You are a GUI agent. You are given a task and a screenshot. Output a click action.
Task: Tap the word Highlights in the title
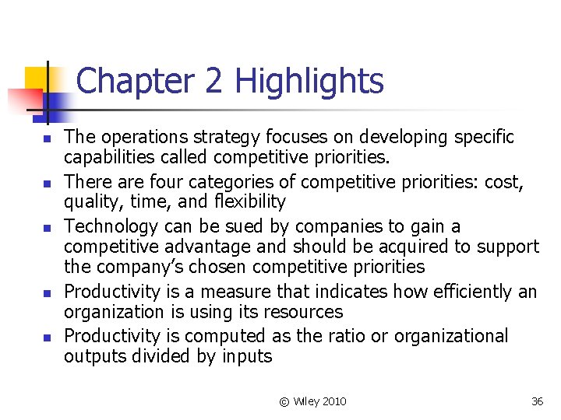point(309,81)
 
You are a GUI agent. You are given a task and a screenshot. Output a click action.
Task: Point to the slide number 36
point(537,401)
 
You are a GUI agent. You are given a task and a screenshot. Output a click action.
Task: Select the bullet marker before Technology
point(48,227)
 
